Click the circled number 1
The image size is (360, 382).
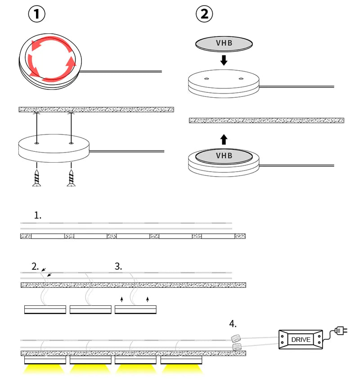pyautogui.click(x=37, y=14)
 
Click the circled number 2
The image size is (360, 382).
pyautogui.click(x=204, y=14)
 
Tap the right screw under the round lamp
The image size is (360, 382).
pyautogui.click(x=71, y=177)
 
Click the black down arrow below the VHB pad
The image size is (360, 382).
pyautogui.click(x=224, y=59)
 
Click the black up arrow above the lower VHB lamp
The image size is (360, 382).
pyautogui.click(x=224, y=139)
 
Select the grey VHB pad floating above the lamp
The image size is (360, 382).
pyautogui.click(x=224, y=44)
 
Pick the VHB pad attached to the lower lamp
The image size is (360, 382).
pyautogui.click(x=224, y=156)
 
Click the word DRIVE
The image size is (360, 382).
pyautogui.click(x=300, y=339)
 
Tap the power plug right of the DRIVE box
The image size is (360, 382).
pyautogui.click(x=342, y=332)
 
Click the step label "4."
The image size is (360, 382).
pyautogui.click(x=233, y=324)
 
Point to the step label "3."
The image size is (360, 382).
pyautogui.click(x=118, y=266)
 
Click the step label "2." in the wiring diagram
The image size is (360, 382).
pyautogui.click(x=36, y=266)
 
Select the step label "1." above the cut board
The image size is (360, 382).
pyautogui.click(x=37, y=215)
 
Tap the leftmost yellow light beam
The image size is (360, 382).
pyautogui.click(x=45, y=369)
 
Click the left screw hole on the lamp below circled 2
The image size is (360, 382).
pyautogui.click(x=206, y=78)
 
